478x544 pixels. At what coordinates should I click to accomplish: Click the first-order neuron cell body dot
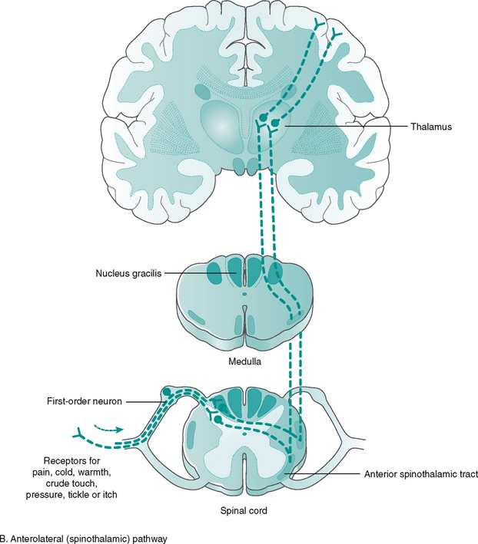pyautogui.click(x=164, y=393)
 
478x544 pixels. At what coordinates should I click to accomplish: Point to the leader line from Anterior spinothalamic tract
pyautogui.click(x=330, y=475)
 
